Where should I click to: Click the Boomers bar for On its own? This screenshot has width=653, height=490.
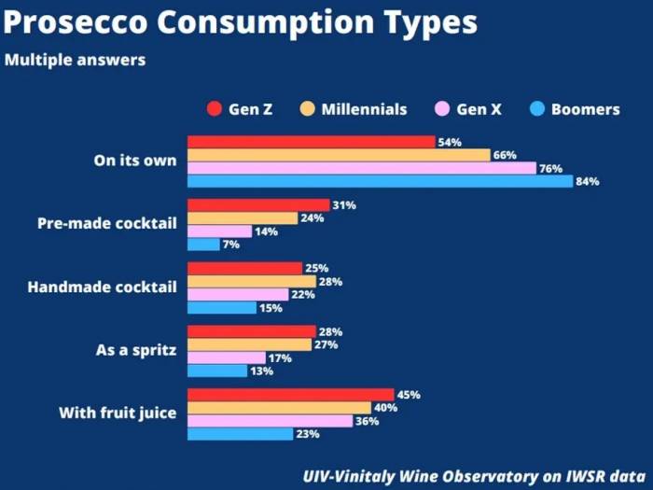point(380,181)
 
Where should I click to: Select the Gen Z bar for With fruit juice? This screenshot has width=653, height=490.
point(290,395)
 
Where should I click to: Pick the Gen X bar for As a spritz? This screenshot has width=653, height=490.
point(226,357)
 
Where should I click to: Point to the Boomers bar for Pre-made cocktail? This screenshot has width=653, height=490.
point(203,245)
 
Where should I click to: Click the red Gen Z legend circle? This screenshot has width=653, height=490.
point(213,109)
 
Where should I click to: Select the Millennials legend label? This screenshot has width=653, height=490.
point(364,109)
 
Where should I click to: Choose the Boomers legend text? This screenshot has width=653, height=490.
point(585,109)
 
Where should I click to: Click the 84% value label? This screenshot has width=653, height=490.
point(587,181)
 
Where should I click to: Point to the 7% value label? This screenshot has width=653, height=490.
point(231,245)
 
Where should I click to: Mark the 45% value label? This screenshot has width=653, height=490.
point(409,395)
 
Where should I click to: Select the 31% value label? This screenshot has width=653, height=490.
point(343,205)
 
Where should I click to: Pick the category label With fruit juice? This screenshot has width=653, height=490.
point(118,413)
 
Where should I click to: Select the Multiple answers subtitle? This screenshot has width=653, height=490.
point(74,61)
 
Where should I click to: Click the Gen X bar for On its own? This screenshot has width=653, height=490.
point(361,168)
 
